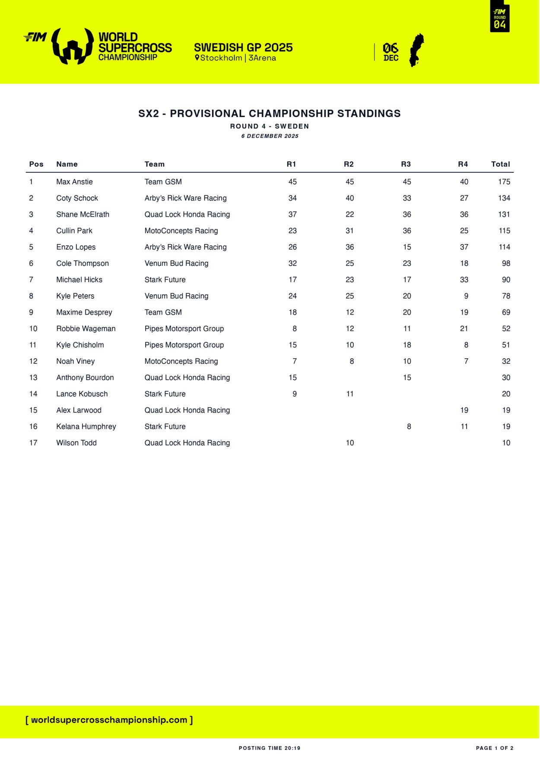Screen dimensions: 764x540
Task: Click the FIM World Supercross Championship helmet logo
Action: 73,46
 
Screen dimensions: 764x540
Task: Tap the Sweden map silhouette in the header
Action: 416,50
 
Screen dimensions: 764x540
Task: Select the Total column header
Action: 500,164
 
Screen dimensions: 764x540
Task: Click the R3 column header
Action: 406,164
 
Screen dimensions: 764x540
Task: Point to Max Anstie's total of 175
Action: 504,182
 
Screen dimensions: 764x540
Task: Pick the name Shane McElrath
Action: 83,214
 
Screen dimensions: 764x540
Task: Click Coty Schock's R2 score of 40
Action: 349,198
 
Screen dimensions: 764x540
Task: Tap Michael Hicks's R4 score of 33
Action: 464,280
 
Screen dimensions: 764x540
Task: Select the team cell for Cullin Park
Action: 181,231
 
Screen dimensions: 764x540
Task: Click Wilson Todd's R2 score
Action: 349,443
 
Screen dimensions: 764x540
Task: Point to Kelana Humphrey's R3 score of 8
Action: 409,427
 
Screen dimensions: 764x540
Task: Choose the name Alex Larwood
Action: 79,410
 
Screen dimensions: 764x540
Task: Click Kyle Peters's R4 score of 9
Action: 466,296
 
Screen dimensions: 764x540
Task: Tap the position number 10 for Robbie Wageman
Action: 33,329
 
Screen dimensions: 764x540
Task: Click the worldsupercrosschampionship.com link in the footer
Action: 109,720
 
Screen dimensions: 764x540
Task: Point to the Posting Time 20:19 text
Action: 270,748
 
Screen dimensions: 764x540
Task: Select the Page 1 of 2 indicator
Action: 494,748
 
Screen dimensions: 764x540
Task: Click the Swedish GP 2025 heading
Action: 243,48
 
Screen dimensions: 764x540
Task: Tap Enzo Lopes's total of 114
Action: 504,247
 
